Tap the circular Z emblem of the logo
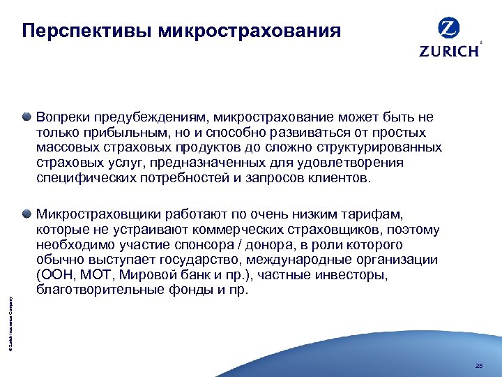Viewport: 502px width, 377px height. coord(448,29)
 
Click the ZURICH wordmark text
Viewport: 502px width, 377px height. coord(449,50)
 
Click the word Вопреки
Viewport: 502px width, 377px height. coord(61,117)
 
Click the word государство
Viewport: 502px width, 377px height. coord(188,260)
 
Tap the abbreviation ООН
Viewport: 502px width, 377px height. coord(56,276)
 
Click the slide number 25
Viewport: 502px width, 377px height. coord(478,366)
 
